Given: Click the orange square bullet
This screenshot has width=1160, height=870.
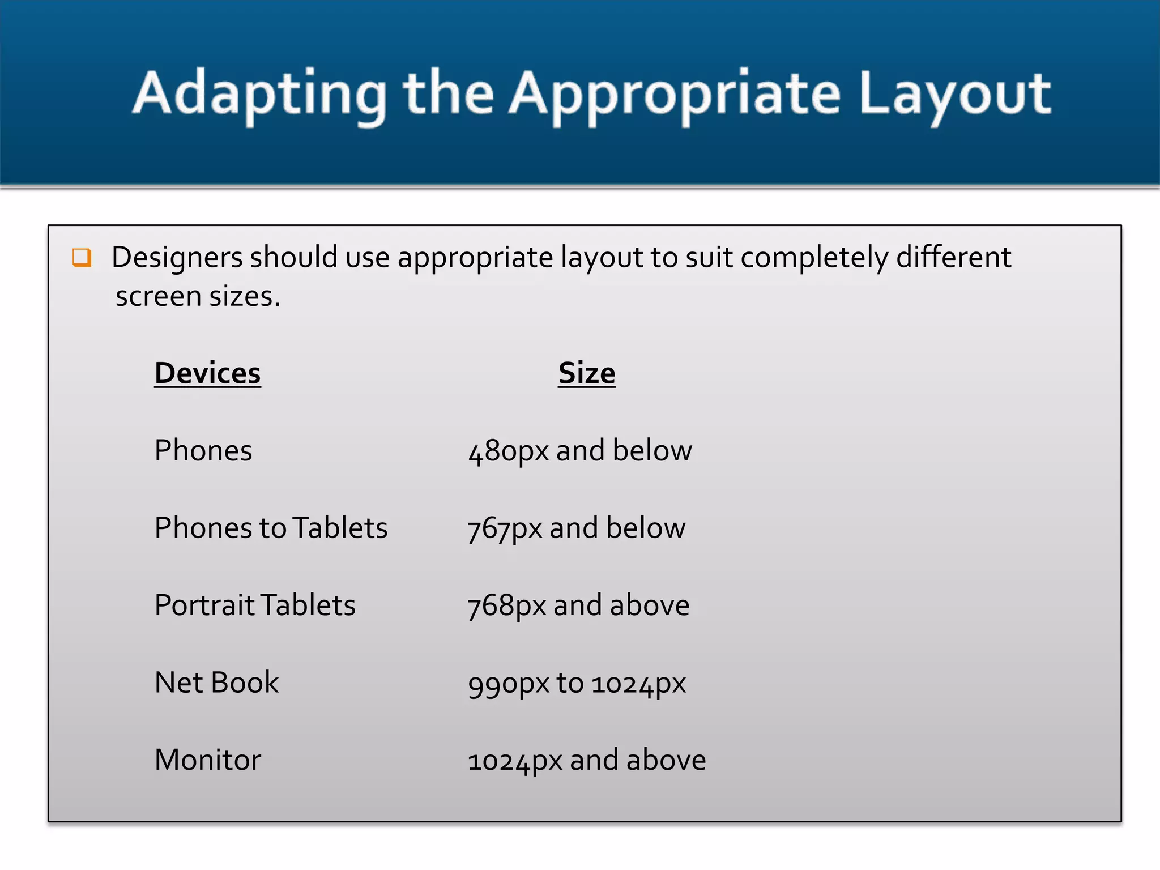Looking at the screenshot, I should [x=82, y=258].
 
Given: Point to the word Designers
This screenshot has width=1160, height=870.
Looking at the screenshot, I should [x=177, y=258].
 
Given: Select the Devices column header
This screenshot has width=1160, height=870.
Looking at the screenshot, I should [x=207, y=373].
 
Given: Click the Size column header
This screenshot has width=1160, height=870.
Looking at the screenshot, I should [x=586, y=373].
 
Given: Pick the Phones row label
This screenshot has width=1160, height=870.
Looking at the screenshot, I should [x=203, y=451].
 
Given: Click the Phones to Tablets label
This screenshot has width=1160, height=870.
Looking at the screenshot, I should [x=271, y=528].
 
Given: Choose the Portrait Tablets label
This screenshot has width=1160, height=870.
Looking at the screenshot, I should [x=255, y=605].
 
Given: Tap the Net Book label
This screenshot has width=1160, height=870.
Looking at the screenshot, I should [x=216, y=683].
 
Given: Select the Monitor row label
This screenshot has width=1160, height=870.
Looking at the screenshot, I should [x=207, y=760].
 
